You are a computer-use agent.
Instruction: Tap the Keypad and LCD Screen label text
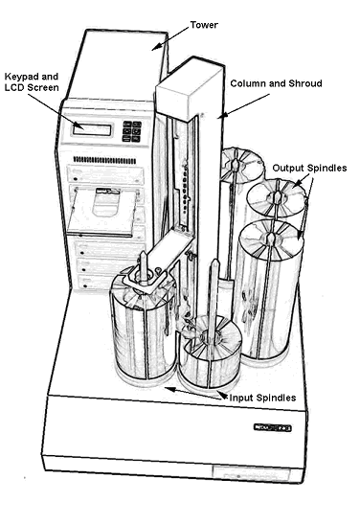coord(32,81)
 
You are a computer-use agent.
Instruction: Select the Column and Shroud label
coord(276,83)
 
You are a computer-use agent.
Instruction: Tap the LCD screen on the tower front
coord(97,127)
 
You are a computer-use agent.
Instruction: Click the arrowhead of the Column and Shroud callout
coord(220,117)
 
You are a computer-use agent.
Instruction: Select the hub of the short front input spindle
coord(210,335)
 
